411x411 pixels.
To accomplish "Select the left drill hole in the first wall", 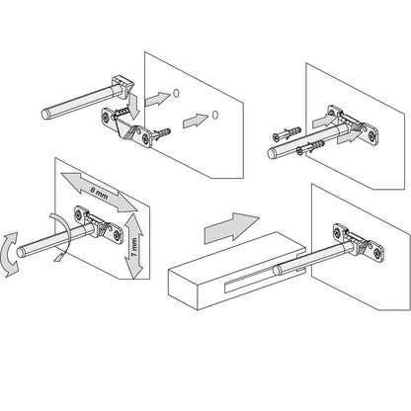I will coord(174,93).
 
